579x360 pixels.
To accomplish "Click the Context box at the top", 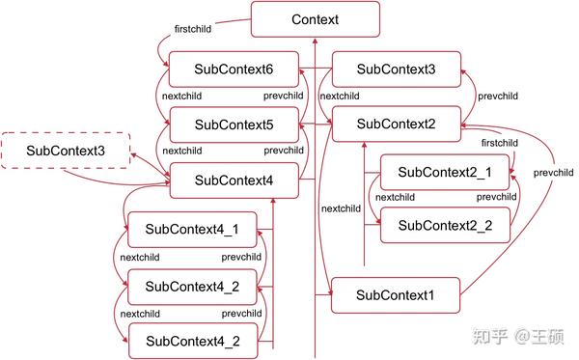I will (315, 19).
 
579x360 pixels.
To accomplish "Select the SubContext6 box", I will (234, 69).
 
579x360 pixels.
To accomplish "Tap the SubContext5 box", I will (234, 125).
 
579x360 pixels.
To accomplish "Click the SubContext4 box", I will (234, 180).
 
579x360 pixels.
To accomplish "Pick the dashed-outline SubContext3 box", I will (65, 151).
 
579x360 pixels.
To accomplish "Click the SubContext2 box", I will (396, 124).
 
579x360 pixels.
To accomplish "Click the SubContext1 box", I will (396, 294).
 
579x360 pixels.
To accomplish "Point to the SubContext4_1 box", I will (192, 230).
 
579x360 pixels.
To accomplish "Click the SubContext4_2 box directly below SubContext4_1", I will (192, 286).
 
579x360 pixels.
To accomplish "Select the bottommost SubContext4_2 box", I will (192, 341).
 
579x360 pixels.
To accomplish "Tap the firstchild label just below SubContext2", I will (499, 143).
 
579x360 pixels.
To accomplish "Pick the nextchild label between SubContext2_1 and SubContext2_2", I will (396, 198).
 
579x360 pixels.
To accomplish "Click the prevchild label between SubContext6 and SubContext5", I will (283, 97).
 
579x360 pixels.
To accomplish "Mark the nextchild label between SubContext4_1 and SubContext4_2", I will (140, 258).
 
